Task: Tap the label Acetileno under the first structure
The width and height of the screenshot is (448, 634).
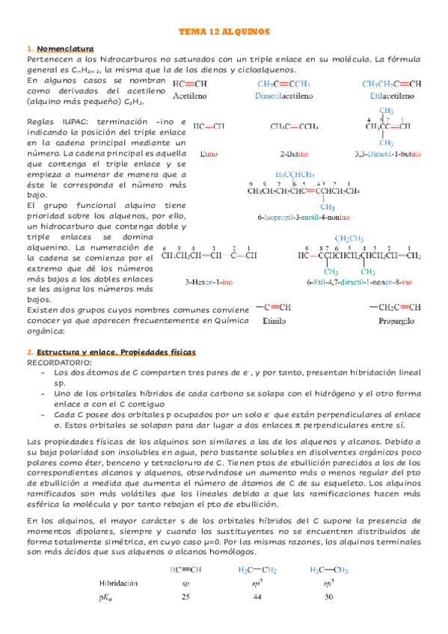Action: pos(190,96)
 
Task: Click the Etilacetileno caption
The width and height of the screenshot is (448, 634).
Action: pos(390,96)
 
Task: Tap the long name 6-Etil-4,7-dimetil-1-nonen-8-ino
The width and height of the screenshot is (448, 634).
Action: pos(358,282)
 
